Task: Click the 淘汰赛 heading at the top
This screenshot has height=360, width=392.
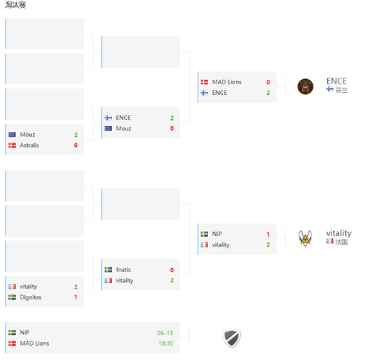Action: click(x=16, y=5)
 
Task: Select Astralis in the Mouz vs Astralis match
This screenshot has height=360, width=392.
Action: click(x=29, y=145)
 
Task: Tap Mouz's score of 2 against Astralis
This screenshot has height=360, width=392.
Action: click(x=76, y=135)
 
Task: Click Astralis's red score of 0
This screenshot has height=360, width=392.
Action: click(x=76, y=145)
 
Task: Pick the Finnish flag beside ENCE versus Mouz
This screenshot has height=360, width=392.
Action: click(x=108, y=118)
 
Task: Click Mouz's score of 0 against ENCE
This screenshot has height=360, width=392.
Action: click(x=172, y=128)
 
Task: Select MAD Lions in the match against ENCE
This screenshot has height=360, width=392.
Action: click(x=227, y=82)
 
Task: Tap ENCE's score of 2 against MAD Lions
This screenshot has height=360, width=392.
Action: click(x=268, y=93)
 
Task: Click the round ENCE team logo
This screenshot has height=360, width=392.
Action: click(x=305, y=87)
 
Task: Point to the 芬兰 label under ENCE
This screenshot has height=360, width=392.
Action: click(x=341, y=90)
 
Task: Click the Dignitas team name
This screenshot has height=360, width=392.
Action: click(x=31, y=297)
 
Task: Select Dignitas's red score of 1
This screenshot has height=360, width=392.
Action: click(x=76, y=297)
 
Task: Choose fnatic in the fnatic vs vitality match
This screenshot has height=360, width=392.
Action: click(x=123, y=269)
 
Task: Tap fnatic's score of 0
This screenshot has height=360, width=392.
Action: click(x=172, y=270)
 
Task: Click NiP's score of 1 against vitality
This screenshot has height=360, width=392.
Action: click(x=268, y=235)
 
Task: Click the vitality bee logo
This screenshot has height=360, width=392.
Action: click(x=305, y=238)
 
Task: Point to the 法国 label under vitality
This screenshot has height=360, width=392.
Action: click(x=341, y=242)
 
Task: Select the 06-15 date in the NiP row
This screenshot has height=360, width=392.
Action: click(x=165, y=333)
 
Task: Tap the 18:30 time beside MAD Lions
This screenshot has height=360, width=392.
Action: click(x=166, y=344)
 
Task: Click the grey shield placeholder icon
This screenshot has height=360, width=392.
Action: click(x=232, y=338)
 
